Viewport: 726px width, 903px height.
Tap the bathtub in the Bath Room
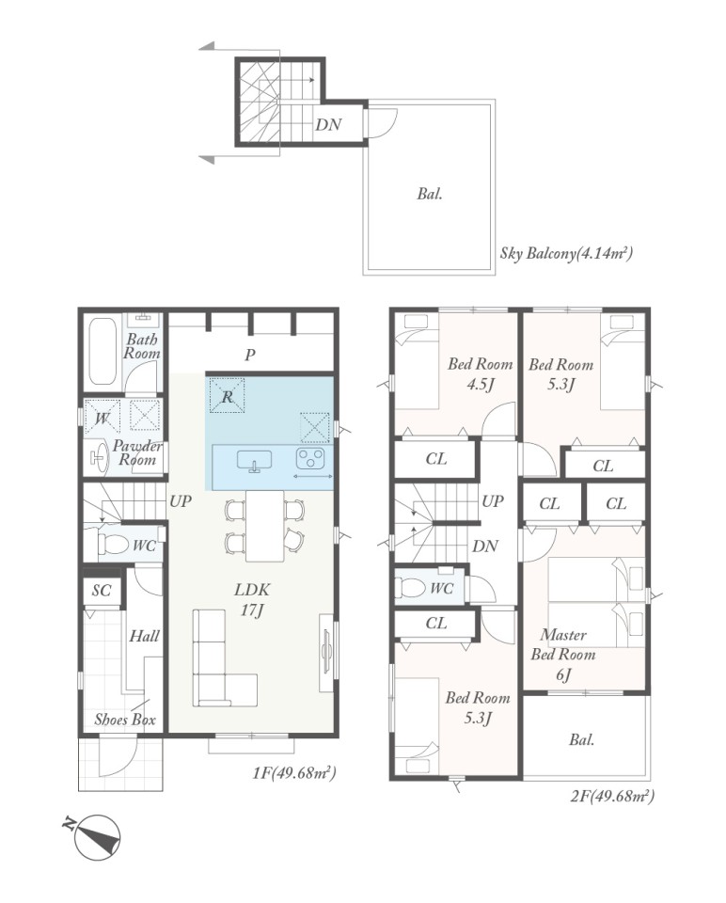pyautogui.click(x=103, y=351)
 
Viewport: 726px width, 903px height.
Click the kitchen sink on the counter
pyautogui.click(x=254, y=461)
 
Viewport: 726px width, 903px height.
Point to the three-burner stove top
pyautogui.click(x=311, y=459)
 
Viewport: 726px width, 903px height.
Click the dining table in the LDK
pyautogui.click(x=265, y=525)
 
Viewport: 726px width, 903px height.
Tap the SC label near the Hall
pyautogui.click(x=102, y=591)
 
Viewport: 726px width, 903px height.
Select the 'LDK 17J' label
pyautogui.click(x=252, y=599)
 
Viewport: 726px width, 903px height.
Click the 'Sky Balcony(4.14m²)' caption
pyautogui.click(x=566, y=253)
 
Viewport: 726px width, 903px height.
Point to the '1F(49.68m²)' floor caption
pyautogui.click(x=293, y=773)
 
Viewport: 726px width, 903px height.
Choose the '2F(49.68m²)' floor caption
pyautogui.click(x=612, y=796)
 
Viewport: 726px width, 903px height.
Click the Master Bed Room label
pyautogui.click(x=563, y=655)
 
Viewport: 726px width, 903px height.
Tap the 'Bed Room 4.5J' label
pyautogui.click(x=481, y=373)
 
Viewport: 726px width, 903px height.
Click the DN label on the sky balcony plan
pyautogui.click(x=328, y=124)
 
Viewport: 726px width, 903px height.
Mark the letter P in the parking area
pyautogui.click(x=249, y=356)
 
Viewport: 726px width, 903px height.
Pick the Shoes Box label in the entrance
pyautogui.click(x=125, y=720)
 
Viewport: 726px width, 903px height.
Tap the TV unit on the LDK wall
pyautogui.click(x=326, y=652)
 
